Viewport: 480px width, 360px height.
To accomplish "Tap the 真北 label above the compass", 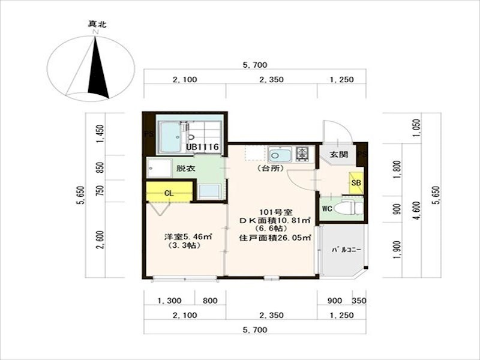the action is tap(97, 24).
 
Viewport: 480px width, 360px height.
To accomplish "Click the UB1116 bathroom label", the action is tap(203, 147).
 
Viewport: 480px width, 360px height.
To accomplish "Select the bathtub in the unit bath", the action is tap(170, 137).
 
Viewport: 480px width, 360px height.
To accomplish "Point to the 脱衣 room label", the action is tap(186, 169).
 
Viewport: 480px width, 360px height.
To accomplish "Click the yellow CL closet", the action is tap(169, 192).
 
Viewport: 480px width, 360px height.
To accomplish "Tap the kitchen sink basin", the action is tap(280, 155).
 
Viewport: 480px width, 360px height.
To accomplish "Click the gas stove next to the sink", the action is tap(302, 154).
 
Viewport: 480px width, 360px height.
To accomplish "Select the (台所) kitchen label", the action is tap(271, 168).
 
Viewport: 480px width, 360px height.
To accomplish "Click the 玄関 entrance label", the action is tap(339, 155).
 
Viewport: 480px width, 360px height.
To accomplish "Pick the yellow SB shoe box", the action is tap(356, 183).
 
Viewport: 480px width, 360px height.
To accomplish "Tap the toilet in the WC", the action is tap(348, 208).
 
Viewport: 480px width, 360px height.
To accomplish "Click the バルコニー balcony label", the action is tap(347, 250).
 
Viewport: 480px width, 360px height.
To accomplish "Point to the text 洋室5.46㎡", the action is tap(188, 236).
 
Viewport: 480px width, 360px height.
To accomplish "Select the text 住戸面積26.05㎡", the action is tap(275, 238).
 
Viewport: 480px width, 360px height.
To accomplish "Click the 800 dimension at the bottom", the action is tap(211, 301).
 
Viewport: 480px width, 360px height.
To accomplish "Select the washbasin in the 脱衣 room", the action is tap(158, 168).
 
